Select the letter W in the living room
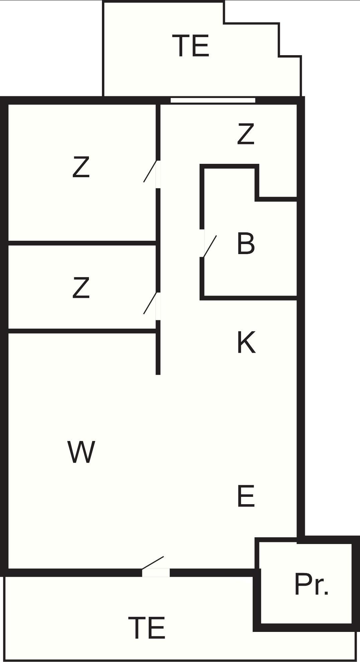point(81,452)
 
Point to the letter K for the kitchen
point(246,342)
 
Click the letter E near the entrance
point(246,496)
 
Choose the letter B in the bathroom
point(246,244)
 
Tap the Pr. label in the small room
point(312,584)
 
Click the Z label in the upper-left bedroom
point(81,167)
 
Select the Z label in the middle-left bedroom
point(81,288)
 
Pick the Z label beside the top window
point(246,134)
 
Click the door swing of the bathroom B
point(210,246)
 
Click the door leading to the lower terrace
point(153,562)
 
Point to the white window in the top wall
point(213,100)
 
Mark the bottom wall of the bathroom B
point(248,298)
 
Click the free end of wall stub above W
point(158,374)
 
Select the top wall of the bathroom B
point(229,166)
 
